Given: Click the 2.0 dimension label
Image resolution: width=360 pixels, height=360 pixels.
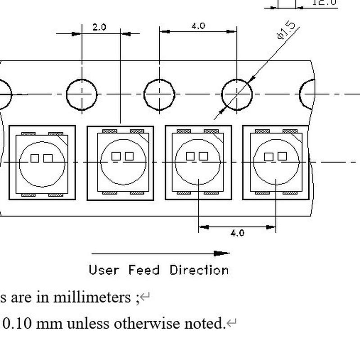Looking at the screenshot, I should [x=99, y=27].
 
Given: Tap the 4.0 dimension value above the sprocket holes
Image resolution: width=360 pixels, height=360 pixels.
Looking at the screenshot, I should [x=198, y=26].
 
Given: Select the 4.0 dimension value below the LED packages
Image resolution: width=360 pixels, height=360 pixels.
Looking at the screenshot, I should [x=237, y=233].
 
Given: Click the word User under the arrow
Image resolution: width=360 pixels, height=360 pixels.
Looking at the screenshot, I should [x=104, y=270].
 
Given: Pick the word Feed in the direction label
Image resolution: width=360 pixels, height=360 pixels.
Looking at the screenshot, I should [x=144, y=270].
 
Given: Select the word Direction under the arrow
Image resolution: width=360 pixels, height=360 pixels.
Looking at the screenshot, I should [x=199, y=270].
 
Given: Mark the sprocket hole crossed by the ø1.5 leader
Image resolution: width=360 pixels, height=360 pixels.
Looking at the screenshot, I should [x=237, y=94].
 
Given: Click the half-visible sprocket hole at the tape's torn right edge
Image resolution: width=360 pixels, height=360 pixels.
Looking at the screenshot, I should [x=308, y=94].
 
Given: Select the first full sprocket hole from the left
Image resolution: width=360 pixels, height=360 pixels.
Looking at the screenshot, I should [x=81, y=94].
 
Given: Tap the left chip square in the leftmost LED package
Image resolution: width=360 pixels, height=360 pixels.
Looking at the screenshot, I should [x=35, y=158].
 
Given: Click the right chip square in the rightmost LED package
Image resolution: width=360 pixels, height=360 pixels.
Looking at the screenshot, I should [x=282, y=156].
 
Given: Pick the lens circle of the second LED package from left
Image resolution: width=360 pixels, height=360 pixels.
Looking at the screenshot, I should [x=123, y=162].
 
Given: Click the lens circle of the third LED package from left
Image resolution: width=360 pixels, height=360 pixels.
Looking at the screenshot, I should [x=198, y=163].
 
